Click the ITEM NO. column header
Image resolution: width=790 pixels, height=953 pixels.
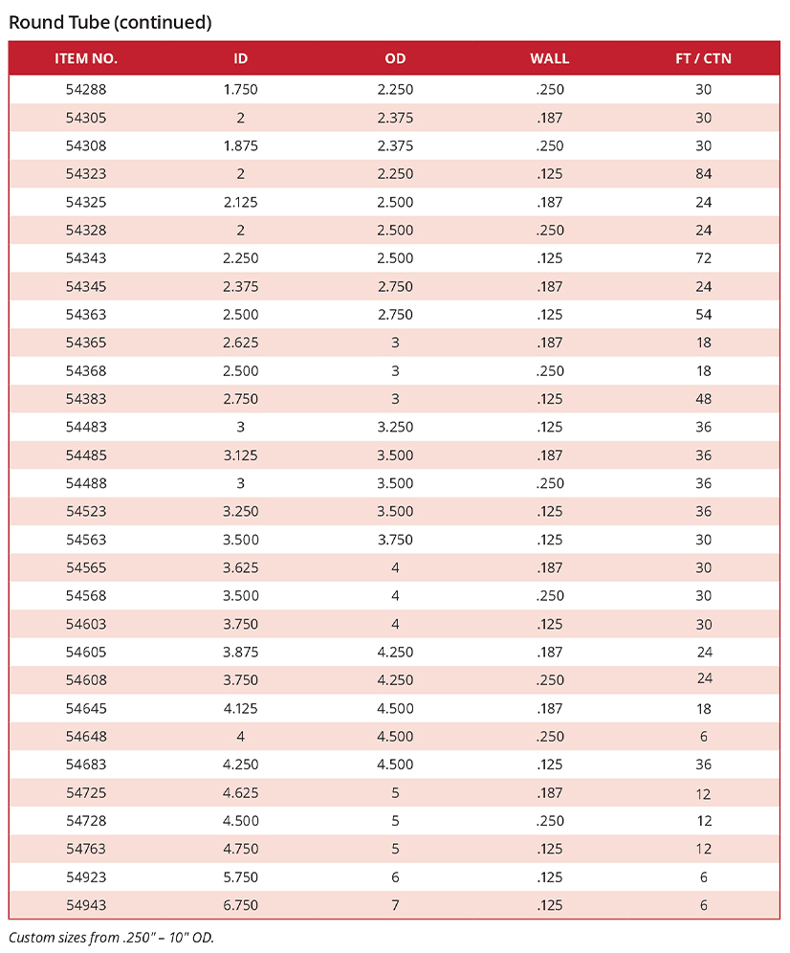tap(86, 58)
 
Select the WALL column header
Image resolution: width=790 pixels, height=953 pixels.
tap(549, 58)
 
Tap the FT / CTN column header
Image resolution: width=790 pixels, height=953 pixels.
tap(703, 58)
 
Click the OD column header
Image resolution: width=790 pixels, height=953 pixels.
tap(395, 58)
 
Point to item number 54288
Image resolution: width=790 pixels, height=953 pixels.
tap(86, 90)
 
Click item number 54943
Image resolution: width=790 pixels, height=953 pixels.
tap(86, 905)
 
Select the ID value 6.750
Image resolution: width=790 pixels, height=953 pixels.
tap(241, 905)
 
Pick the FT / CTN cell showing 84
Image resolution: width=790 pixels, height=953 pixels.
tap(704, 174)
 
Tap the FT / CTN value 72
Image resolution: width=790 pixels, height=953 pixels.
tap(704, 258)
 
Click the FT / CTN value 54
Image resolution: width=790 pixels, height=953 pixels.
tap(704, 315)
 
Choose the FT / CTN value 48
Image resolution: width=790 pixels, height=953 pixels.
tap(704, 399)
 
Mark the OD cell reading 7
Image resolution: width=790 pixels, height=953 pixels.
tap(395, 905)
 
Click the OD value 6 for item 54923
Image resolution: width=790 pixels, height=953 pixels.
tap(395, 877)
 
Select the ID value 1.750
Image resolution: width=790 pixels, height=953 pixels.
tap(241, 90)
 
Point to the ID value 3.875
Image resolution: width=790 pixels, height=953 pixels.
tap(241, 653)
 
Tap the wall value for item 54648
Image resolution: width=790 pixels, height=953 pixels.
tap(549, 737)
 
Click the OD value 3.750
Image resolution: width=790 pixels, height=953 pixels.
tap(395, 540)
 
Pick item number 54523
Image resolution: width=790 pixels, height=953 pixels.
tap(86, 512)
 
